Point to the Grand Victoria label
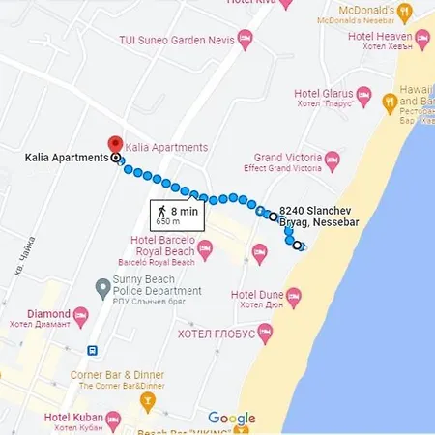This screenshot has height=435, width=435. [x=287, y=157]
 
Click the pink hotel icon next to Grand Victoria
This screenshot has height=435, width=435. [x=333, y=159]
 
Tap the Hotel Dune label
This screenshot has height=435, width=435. [x=255, y=294]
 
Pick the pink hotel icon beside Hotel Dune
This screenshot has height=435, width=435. [x=295, y=294]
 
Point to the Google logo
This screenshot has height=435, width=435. [x=232, y=419]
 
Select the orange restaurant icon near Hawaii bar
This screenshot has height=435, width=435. [x=390, y=100]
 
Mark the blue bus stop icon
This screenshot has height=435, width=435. [x=91, y=351]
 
